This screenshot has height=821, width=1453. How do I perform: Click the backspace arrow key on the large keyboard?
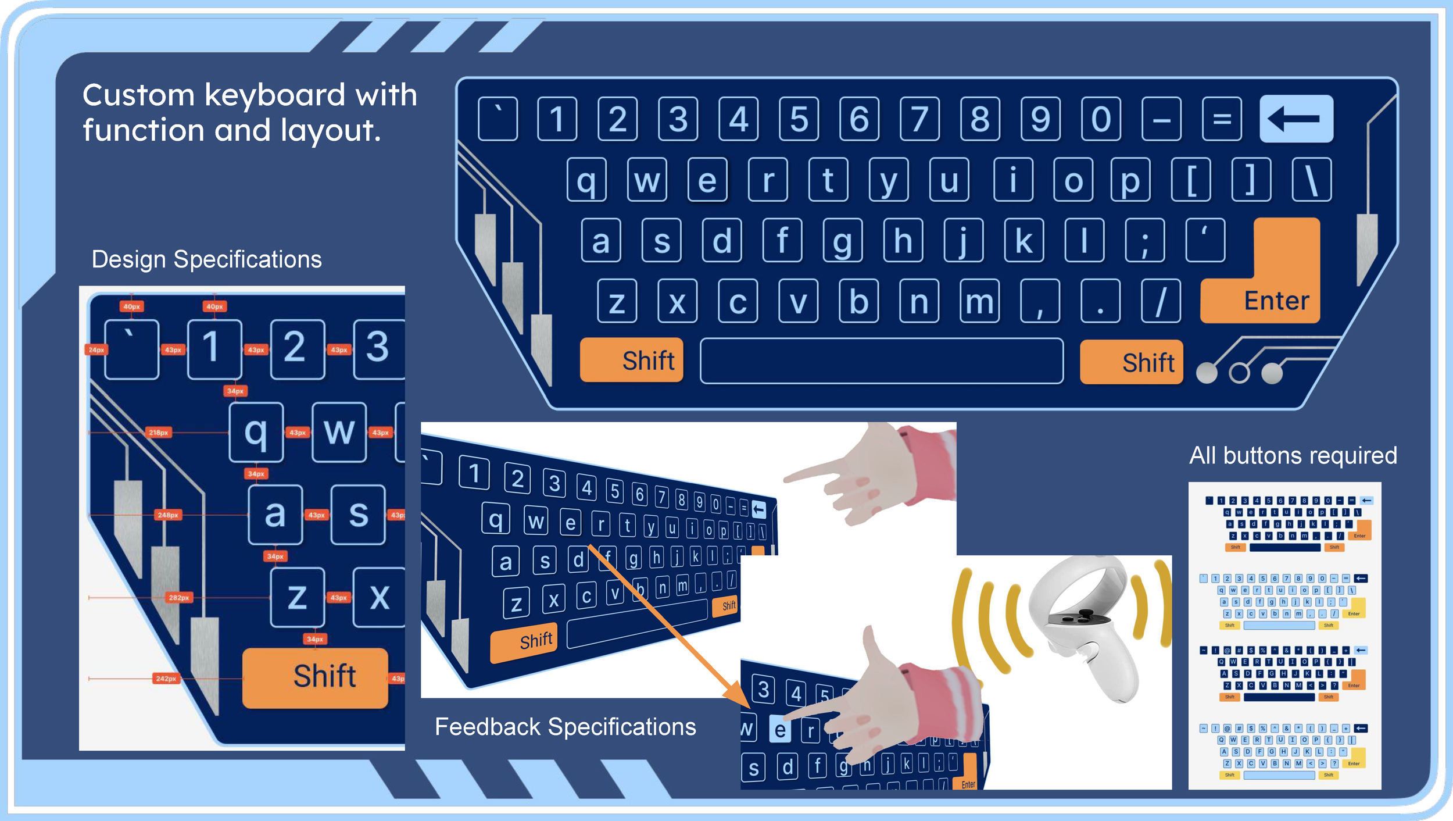[1296, 119]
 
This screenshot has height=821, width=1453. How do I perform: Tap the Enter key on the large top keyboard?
[1276, 300]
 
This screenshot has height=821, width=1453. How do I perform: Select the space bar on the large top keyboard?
[881, 360]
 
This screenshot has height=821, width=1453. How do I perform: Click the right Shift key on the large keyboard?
[1131, 362]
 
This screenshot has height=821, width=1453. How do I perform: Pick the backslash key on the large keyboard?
[1311, 180]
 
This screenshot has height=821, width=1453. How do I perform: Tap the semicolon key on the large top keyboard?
[1144, 241]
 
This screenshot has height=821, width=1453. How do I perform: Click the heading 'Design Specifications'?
[206, 259]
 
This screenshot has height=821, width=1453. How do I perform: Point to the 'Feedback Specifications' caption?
[565, 727]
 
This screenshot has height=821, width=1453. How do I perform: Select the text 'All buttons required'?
[1293, 455]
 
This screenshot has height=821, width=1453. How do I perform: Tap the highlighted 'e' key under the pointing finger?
[780, 730]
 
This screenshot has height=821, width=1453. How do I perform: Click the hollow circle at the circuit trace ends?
[1239, 373]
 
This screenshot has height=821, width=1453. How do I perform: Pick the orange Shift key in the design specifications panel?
[315, 677]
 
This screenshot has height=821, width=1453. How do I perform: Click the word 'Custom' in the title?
[138, 95]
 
